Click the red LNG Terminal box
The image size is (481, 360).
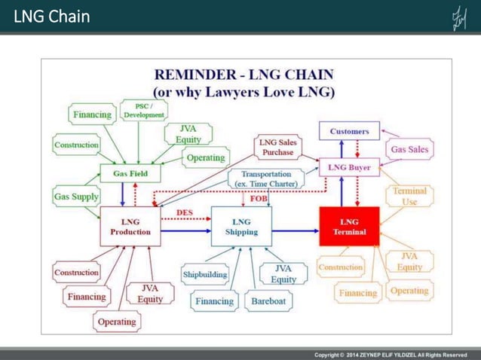[349, 227]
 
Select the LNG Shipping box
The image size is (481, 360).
[241, 227]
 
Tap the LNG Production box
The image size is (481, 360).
[130, 227]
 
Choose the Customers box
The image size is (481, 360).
[349, 131]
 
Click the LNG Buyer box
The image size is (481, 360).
[349, 167]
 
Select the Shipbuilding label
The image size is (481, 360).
[205, 275]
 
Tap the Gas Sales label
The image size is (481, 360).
[409, 149]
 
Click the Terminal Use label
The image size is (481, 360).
[409, 196]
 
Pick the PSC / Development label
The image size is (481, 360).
[144, 110]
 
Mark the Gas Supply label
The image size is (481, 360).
[76, 197]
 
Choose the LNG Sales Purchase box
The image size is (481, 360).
[277, 147]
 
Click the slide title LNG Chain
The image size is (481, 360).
[51, 16]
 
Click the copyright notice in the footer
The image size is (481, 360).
[391, 355]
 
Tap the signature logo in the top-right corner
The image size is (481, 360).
[458, 17]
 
